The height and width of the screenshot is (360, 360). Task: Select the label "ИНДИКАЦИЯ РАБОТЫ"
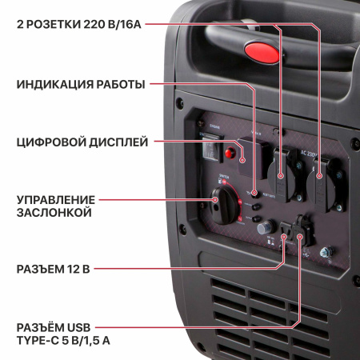(x=80, y=84)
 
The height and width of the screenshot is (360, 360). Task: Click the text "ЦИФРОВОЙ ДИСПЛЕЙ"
(x=81, y=142)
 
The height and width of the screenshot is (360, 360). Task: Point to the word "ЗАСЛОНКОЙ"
(x=53, y=213)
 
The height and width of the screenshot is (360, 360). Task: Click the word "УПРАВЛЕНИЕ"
(x=56, y=199)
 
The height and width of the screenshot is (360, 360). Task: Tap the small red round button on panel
(x=234, y=152)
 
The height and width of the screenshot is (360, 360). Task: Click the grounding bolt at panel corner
(x=325, y=254)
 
